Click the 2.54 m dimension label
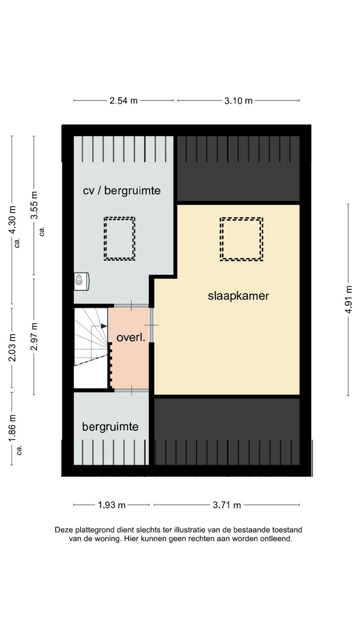pyautogui.click(x=124, y=100)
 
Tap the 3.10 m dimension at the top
pyautogui.click(x=238, y=100)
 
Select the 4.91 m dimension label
pyautogui.click(x=348, y=300)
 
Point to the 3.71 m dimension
pyautogui.click(x=227, y=505)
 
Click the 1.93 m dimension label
pyautogui.click(x=112, y=505)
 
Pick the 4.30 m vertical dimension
pyautogui.click(x=12, y=220)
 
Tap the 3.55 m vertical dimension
pyautogui.click(x=34, y=205)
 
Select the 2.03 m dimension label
pyautogui.click(x=12, y=348)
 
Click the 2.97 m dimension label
pyautogui.click(x=34, y=336)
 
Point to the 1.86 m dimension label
pyautogui.click(x=12, y=428)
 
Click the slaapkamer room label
pyautogui.click(x=238, y=296)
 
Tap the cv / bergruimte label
pyautogui.click(x=122, y=191)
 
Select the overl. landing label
pyautogui.click(x=131, y=338)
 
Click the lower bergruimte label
pyautogui.click(x=110, y=427)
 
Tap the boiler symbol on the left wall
pyautogui.click(x=81, y=281)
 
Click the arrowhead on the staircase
pyautogui.click(x=104, y=326)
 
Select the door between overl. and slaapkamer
pyautogui.click(x=152, y=325)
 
